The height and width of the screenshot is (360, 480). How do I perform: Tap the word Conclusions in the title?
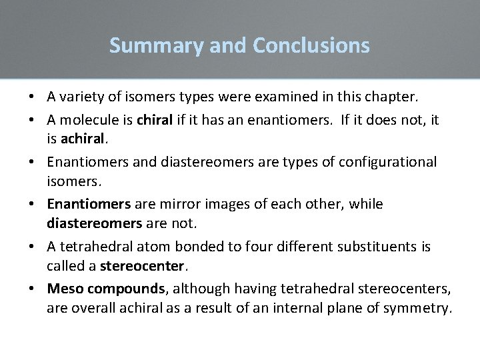(311, 45)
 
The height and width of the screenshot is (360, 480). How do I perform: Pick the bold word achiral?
(83, 138)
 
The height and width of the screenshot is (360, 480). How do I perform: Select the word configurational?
(388, 162)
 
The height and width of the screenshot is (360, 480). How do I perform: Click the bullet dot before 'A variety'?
(31, 97)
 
